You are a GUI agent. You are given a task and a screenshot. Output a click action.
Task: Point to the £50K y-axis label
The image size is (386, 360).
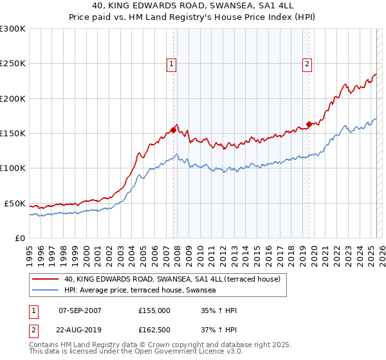pyautogui.click(x=14, y=203)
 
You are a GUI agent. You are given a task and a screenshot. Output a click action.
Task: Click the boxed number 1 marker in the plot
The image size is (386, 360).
pyautogui.click(x=172, y=64)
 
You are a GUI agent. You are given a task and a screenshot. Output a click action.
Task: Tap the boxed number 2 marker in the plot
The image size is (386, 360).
pyautogui.click(x=308, y=64)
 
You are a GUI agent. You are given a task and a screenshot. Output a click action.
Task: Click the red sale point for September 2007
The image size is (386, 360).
pyautogui.click(x=173, y=130)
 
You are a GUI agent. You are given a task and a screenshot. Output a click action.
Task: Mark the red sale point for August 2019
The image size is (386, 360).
pyautogui.click(x=309, y=125)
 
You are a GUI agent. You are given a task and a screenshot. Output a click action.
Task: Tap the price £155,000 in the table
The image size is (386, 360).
pyautogui.click(x=154, y=310)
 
